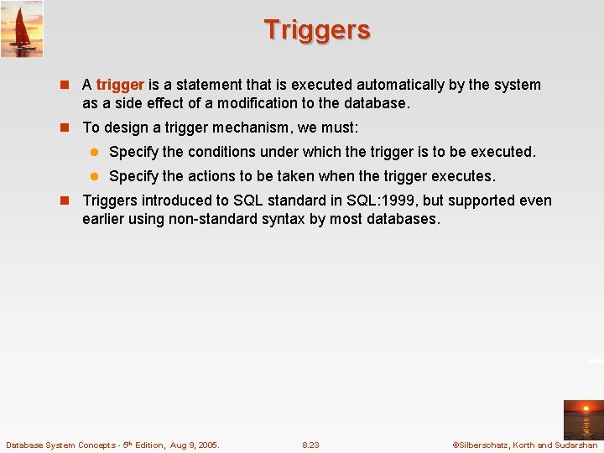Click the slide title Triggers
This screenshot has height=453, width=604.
[316, 30]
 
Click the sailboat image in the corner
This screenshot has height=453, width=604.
[22, 29]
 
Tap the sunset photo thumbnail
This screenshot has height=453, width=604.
[582, 419]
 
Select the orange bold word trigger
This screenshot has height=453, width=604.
[121, 85]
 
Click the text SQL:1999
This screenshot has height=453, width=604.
[380, 200]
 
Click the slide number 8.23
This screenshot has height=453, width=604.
[310, 445]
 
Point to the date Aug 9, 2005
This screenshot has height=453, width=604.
[193, 445]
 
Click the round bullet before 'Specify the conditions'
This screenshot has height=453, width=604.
[95, 153]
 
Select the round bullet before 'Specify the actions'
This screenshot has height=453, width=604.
[95, 177]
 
